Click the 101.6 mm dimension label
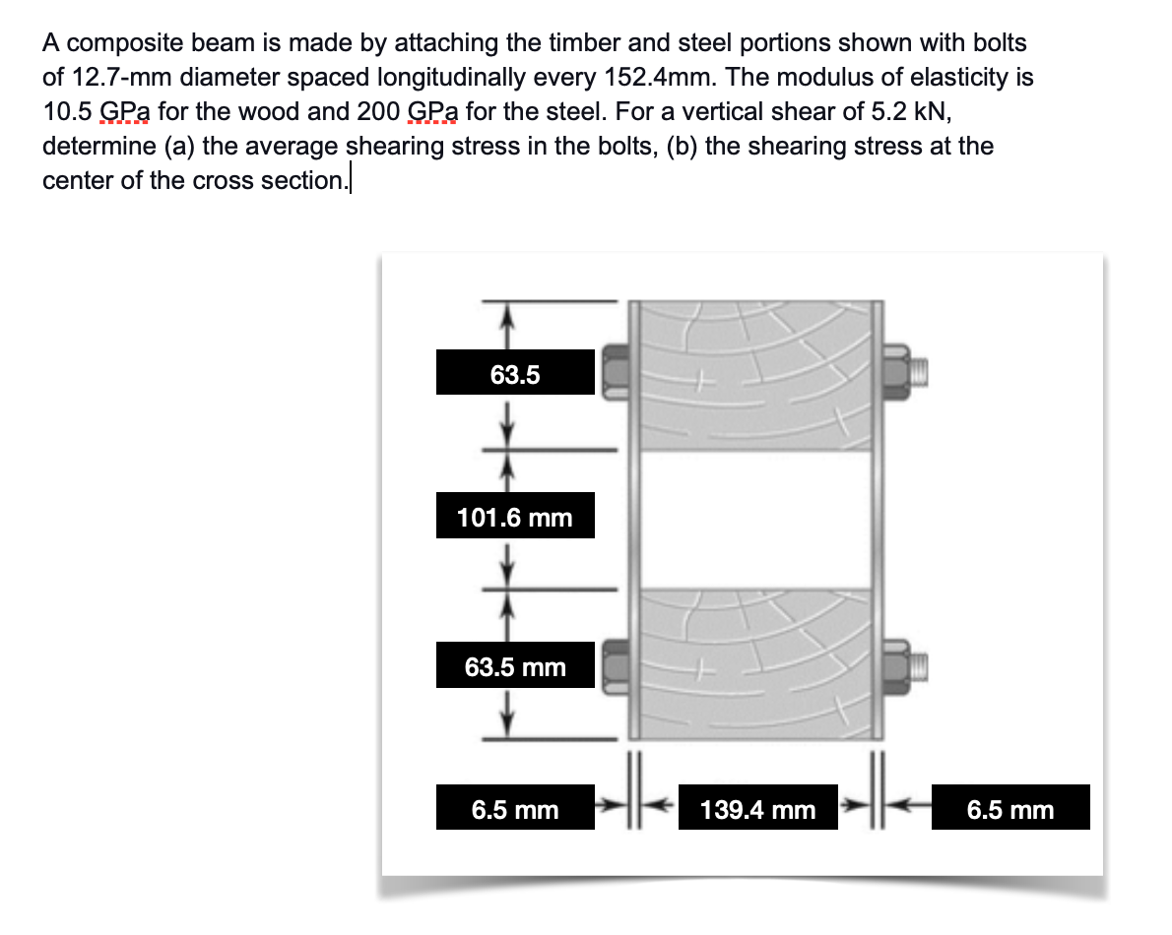[515, 517]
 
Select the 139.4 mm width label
[757, 809]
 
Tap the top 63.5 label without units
[515, 374]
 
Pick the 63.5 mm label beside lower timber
[515, 667]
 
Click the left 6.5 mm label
[515, 809]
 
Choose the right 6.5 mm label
[1009, 809]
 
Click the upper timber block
[755, 374]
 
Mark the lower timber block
[755, 664]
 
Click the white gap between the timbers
[755, 519]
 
